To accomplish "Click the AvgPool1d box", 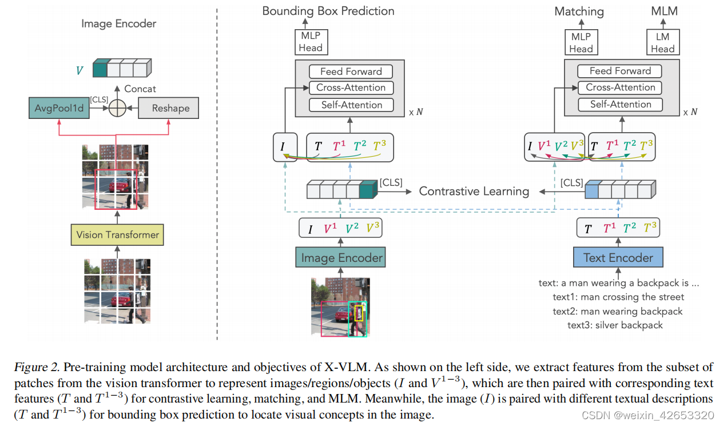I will point(59,108).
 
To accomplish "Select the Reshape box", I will point(168,108).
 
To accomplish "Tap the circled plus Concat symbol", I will point(117,108).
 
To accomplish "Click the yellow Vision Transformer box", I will point(118,234).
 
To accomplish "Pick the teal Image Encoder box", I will point(341,257).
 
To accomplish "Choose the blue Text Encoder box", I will point(618,257).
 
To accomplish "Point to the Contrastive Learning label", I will point(474,191).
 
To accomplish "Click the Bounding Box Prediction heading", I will point(328,11).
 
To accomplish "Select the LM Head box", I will point(662,43).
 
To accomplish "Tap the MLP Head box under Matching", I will point(581,43).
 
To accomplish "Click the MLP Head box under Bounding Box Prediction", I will point(311,42).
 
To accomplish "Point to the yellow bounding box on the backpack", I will point(359,313).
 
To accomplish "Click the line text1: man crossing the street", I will point(618,297).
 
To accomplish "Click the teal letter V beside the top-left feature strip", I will point(80,70).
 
